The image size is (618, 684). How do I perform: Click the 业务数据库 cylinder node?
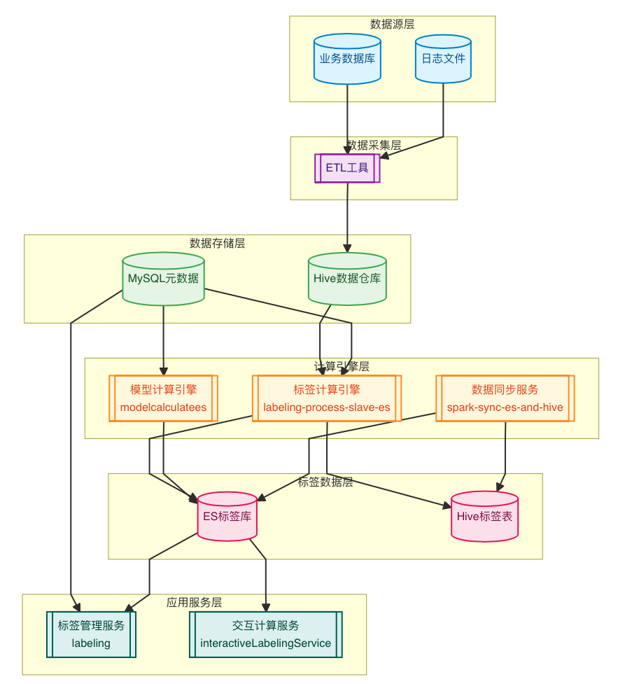pyautogui.click(x=348, y=59)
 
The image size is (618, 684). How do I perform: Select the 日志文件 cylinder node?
pyautogui.click(x=443, y=59)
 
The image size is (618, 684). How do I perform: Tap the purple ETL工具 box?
pyautogui.click(x=347, y=168)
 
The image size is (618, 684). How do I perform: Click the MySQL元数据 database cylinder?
pyautogui.click(x=163, y=279)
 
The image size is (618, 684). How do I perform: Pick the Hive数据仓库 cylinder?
pyautogui.click(x=347, y=279)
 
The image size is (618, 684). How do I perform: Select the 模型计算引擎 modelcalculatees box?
pyautogui.click(x=163, y=398)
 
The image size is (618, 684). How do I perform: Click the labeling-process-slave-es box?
pyautogui.click(x=327, y=398)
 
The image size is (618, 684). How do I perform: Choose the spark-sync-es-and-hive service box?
pyautogui.click(x=505, y=398)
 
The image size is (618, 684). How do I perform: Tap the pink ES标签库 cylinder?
pyautogui.click(x=227, y=517)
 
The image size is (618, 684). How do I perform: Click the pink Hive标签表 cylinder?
pyautogui.click(x=484, y=517)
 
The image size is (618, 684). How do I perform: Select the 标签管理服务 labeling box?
pyautogui.click(x=91, y=634)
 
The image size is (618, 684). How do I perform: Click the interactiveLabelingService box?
pyautogui.click(x=266, y=634)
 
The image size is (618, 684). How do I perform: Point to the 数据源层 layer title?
pyautogui.click(x=392, y=24)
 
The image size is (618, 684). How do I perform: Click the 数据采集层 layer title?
pyautogui.click(x=374, y=145)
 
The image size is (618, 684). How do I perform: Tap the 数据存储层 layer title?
pyautogui.click(x=217, y=243)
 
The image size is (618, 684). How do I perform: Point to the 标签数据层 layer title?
pyautogui.click(x=325, y=482)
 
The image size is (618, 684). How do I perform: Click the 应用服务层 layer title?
pyautogui.click(x=194, y=602)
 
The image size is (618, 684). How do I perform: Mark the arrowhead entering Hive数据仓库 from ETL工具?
pyautogui.click(x=347, y=249)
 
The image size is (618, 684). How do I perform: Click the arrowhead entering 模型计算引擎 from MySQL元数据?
pyautogui.click(x=164, y=371)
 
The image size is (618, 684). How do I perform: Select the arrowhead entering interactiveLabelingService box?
pyautogui.click(x=266, y=607)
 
